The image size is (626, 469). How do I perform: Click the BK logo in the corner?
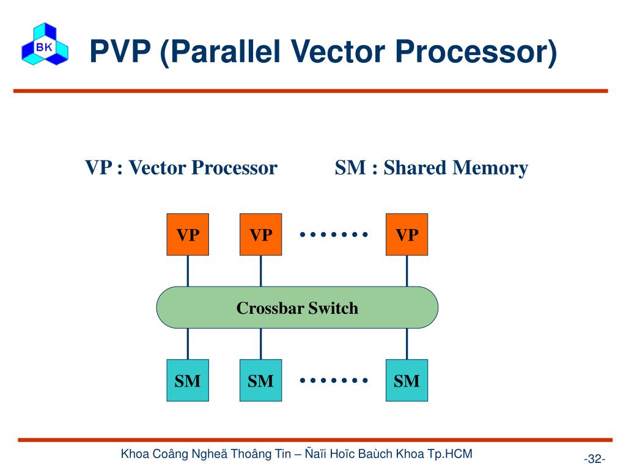45,44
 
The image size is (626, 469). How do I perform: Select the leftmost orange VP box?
188,234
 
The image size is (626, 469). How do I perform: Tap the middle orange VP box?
261,234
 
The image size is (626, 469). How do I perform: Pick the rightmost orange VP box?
407,234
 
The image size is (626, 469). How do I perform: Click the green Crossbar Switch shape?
297,307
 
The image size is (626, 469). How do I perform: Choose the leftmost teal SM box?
188,380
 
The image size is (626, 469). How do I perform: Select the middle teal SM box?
261,380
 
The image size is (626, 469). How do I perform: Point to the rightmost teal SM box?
407,380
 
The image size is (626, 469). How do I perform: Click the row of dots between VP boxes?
334,234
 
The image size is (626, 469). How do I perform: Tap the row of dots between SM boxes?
334,380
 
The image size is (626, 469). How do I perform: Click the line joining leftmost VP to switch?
188,271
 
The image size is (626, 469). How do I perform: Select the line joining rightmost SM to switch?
407,344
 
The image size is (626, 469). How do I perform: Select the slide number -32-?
595,459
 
